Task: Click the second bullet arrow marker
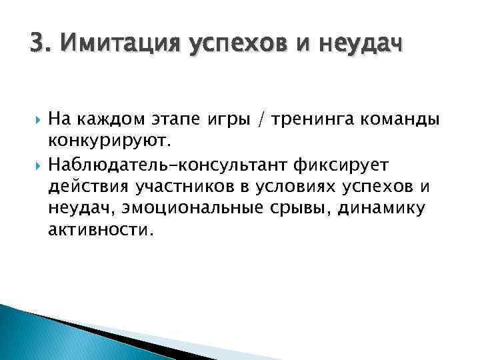point(35,163)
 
